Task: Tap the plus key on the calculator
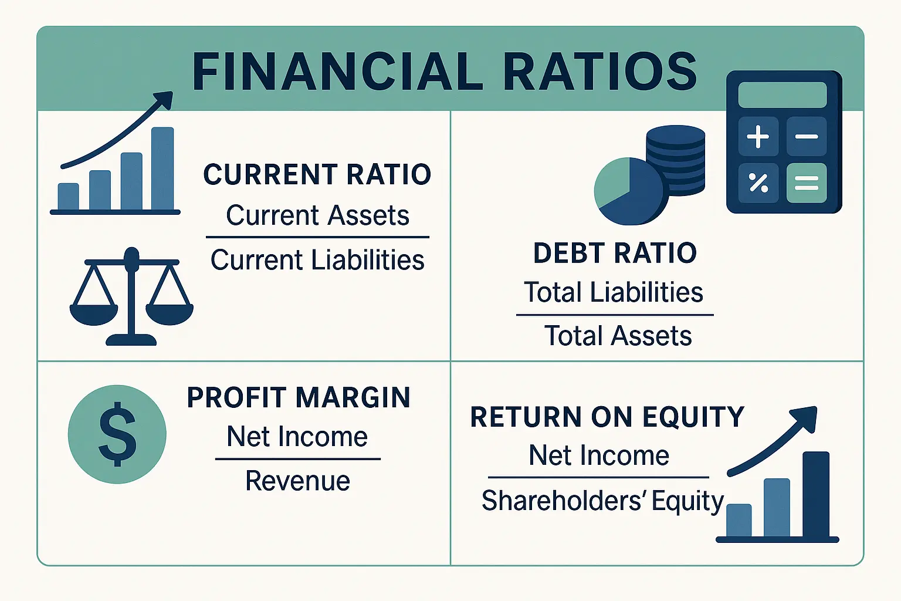[758, 137]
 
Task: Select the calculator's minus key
[807, 137]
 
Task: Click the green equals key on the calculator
[807, 183]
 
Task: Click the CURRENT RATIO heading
[317, 175]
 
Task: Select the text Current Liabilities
[317, 260]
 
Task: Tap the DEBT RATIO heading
[615, 254]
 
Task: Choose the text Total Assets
[618, 336]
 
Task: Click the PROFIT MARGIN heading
[299, 398]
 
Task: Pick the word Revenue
[297, 481]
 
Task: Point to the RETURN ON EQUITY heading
[607, 417]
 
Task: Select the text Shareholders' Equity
[602, 501]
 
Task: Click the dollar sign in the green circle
[117, 434]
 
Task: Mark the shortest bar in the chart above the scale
[68, 197]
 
